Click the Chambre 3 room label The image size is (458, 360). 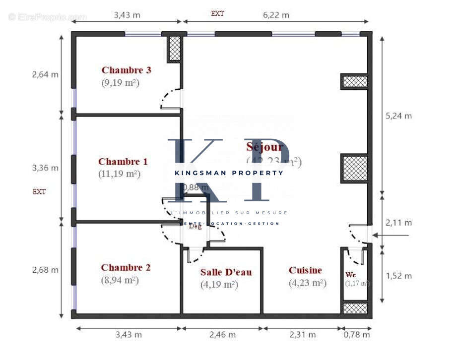pos(126,70)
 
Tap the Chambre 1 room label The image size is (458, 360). pos(123,161)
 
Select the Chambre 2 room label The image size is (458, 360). pos(126,267)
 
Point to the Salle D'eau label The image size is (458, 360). pos(226,272)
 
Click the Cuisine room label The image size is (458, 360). pos(305,270)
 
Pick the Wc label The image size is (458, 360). pos(351,274)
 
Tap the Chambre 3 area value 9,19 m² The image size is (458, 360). pos(120,83)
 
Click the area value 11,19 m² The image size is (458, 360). pos(120,174)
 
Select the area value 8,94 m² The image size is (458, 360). pos(120,280)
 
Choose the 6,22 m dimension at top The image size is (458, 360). pos(276,15)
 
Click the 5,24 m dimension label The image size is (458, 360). pos(398,116)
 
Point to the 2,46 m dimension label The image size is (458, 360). pos(222,335)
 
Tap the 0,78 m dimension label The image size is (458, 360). pos(357,335)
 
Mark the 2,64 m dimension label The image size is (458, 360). pos(45,75)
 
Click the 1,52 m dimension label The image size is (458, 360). pos(398,275)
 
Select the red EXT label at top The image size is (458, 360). pos(217,14)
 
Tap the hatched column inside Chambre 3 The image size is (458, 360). pos(174,49)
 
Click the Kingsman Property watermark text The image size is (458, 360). pos(229,173)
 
